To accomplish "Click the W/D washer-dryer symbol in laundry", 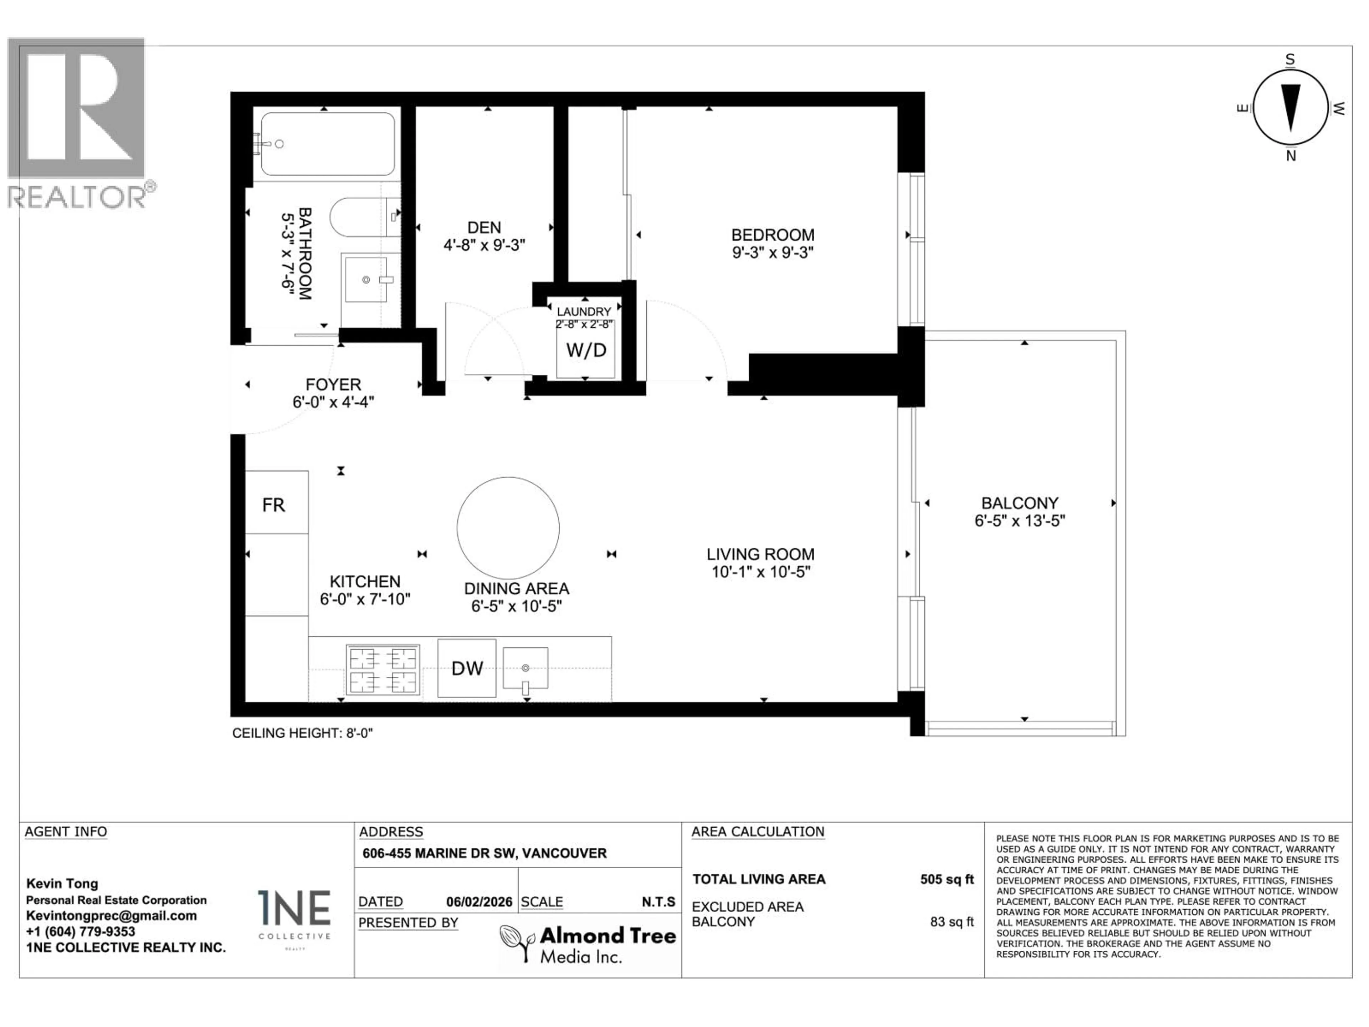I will (x=585, y=351).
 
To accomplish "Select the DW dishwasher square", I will (x=467, y=668).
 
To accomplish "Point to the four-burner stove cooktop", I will (x=383, y=670).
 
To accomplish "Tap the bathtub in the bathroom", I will (x=327, y=144).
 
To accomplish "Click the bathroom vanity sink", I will (x=366, y=280).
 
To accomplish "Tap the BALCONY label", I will (x=1019, y=503).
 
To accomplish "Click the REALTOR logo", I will (x=77, y=124).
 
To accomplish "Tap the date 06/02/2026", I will (x=479, y=902).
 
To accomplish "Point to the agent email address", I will (x=111, y=916).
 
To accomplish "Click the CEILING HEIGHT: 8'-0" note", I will (x=302, y=733).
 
